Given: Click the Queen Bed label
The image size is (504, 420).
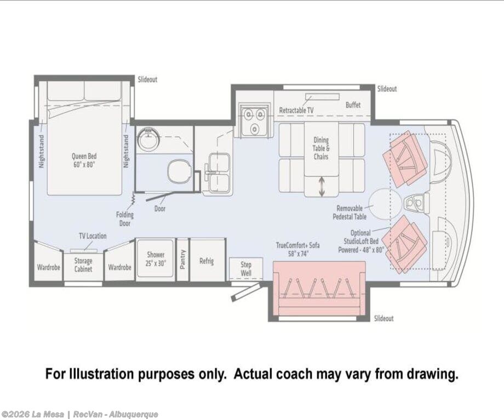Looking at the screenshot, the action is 84,160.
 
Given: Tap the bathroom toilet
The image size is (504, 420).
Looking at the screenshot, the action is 180,171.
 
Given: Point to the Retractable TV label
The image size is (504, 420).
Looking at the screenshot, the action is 296,110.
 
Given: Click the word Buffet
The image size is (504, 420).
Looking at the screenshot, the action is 353,105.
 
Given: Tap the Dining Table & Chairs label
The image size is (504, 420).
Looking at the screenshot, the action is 321,148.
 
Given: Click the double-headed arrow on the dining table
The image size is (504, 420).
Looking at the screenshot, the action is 322,187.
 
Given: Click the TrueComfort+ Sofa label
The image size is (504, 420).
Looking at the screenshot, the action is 297,249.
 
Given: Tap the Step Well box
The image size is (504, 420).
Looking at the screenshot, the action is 246,269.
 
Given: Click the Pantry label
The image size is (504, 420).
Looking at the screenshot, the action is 182,260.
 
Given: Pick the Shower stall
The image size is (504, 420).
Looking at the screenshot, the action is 156,258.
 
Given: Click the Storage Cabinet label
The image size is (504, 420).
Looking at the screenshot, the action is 83,265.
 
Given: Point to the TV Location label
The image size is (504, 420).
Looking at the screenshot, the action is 93,236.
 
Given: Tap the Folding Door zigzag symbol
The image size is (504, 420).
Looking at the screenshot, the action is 133,198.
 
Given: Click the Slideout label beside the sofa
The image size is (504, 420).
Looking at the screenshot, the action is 384,319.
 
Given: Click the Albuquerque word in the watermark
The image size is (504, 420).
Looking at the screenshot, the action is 133,414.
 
